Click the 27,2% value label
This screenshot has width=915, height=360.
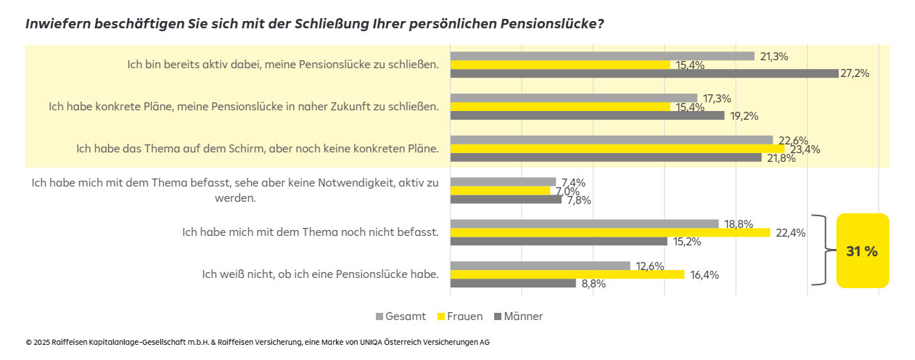coord(855,73)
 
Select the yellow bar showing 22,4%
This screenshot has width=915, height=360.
coord(610,233)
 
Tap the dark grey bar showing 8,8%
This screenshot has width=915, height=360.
coord(513,283)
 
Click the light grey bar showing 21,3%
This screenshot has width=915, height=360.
coord(602,56)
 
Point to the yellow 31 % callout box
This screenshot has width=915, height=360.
coord(862,251)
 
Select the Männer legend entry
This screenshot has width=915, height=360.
coord(518,316)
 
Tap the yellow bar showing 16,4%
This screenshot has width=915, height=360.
coord(567,274)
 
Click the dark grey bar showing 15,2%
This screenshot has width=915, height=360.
coord(559,241)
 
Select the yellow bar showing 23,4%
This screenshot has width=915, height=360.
coord(617,149)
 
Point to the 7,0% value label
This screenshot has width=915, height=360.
coord(565,191)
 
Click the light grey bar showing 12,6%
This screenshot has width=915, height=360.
coord(540,266)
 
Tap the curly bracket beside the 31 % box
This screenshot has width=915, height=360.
coord(821,251)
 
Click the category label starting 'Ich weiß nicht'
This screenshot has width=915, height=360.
coord(320,274)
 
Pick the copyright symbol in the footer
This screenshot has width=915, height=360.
coord(28,342)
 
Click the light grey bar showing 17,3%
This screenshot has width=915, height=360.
coord(573,98)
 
